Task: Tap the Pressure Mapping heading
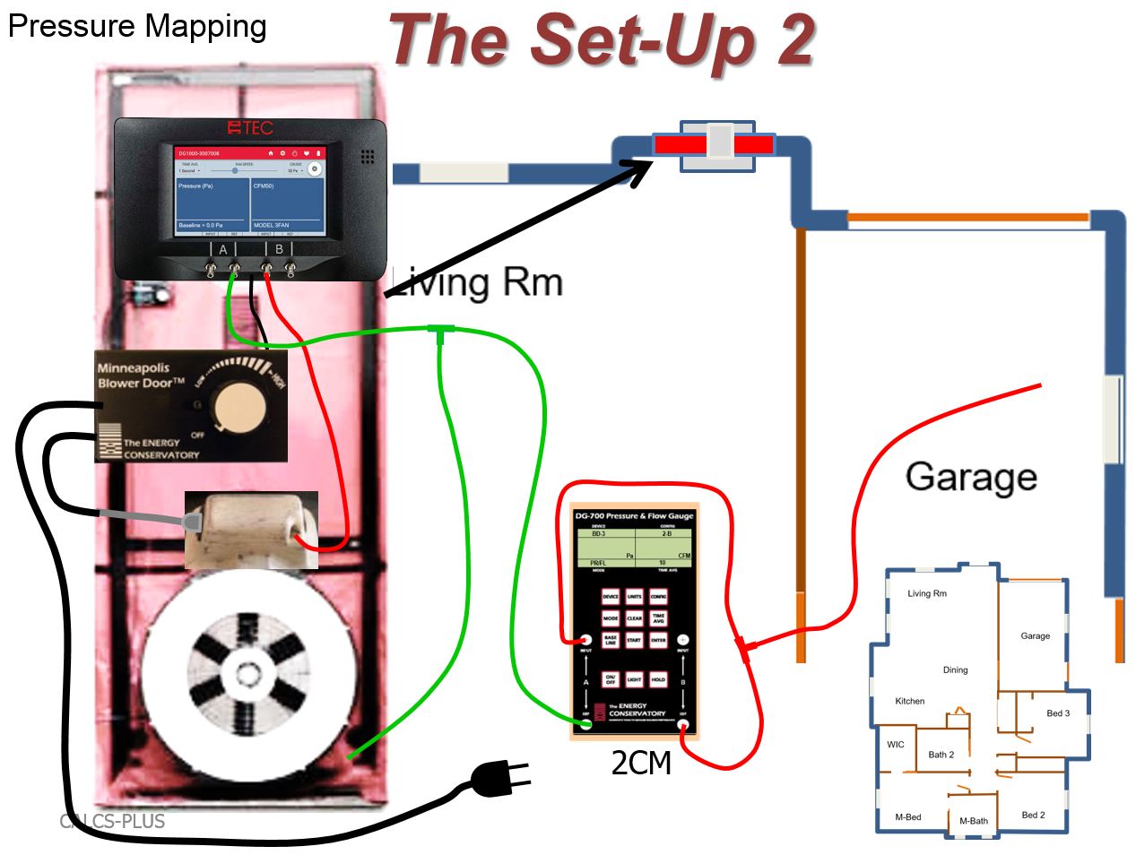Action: click(x=137, y=26)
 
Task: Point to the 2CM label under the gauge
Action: click(x=640, y=763)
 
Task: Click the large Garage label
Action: click(x=971, y=476)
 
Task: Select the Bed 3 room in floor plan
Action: click(x=1058, y=713)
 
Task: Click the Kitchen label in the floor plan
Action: click(x=909, y=701)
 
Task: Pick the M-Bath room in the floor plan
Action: click(x=973, y=820)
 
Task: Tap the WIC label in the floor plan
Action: click(x=896, y=744)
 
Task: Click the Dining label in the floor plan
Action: click(x=955, y=669)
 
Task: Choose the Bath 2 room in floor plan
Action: click(x=941, y=755)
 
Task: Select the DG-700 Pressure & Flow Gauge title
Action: click(x=633, y=516)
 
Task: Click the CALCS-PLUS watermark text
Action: click(x=112, y=821)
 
